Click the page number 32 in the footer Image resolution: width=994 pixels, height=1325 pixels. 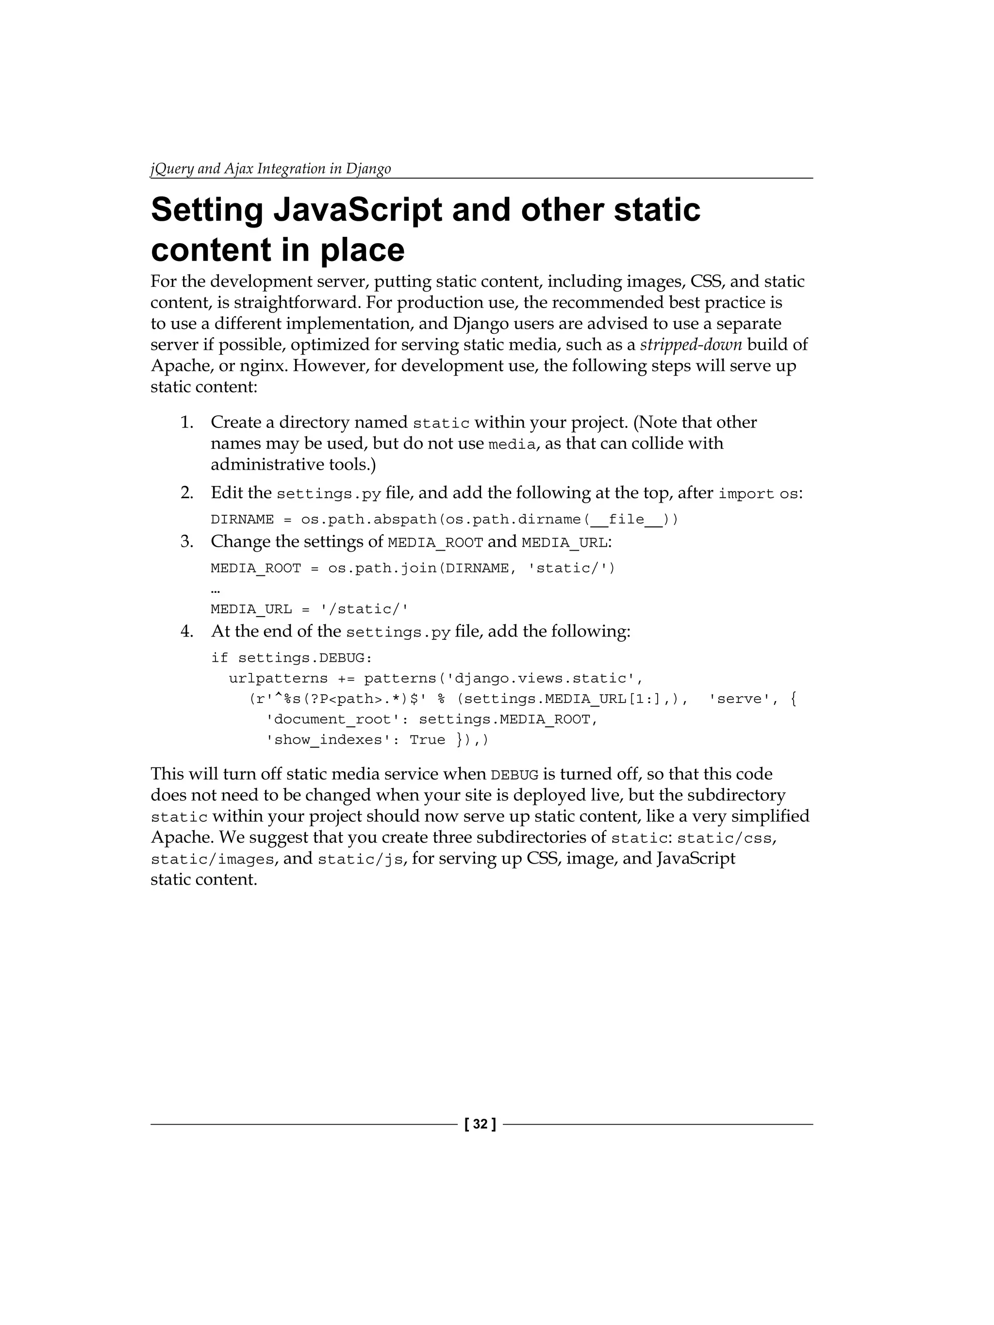click(x=480, y=1124)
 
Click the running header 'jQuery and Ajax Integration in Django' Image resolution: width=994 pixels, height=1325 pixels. click(x=270, y=169)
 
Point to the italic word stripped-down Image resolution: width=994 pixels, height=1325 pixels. click(x=691, y=345)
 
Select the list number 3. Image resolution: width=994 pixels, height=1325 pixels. click(x=186, y=542)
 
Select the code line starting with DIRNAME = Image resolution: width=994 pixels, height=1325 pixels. click(x=444, y=519)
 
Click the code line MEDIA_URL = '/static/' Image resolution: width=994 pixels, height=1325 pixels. click(x=309, y=609)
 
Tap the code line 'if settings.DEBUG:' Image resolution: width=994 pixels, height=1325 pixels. click(x=292, y=658)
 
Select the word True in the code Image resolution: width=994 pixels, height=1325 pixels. click(x=427, y=740)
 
